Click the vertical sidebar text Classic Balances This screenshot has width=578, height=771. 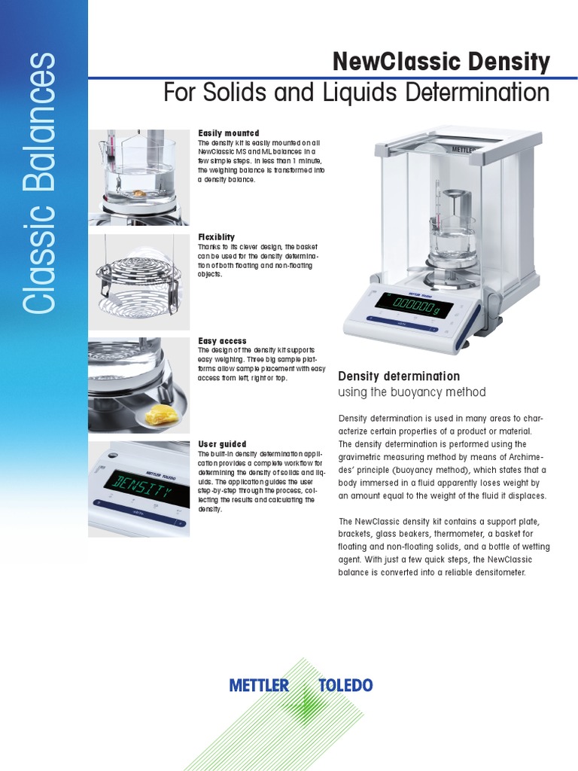coord(39,183)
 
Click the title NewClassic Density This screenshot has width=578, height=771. coord(441,62)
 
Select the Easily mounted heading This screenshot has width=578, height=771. coord(228,133)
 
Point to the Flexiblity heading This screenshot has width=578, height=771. coord(216,237)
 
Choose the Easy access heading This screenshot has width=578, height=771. coord(222,341)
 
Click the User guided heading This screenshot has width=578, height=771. coord(222,444)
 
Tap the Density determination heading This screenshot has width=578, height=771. coord(398,376)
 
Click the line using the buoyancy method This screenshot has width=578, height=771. coord(412,392)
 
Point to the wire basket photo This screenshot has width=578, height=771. coord(138,282)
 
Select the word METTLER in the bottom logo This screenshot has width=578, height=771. coord(259,685)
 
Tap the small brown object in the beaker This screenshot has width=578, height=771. coord(140,193)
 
